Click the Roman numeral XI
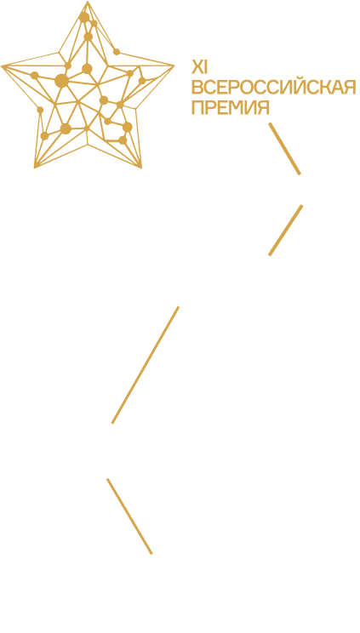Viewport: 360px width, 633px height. pos(199,67)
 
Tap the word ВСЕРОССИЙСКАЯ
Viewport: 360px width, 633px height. pos(274,87)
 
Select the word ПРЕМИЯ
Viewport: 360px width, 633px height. pos(231,108)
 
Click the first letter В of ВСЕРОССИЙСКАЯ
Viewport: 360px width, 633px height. pos(197,87)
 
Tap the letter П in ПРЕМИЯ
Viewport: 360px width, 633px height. pos(197,108)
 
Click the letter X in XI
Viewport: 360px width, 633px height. pos(197,67)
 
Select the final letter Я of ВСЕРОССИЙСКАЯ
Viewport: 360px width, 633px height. pos(350,87)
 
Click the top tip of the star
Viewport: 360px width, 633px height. pos(88,1)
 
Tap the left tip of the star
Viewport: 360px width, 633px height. pos(2,66)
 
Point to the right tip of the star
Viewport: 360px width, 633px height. pos(174,66)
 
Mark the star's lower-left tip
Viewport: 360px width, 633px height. pos(35,167)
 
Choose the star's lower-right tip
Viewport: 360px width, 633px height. pos(141,167)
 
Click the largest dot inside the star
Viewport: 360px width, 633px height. pos(61,80)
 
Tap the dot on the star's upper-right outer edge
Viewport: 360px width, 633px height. pos(117,52)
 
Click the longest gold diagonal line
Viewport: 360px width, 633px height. pos(145,365)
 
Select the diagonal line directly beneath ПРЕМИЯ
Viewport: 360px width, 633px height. pos(285,149)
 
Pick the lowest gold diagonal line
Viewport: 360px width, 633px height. pos(129,516)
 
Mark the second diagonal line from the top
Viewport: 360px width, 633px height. pos(286,230)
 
